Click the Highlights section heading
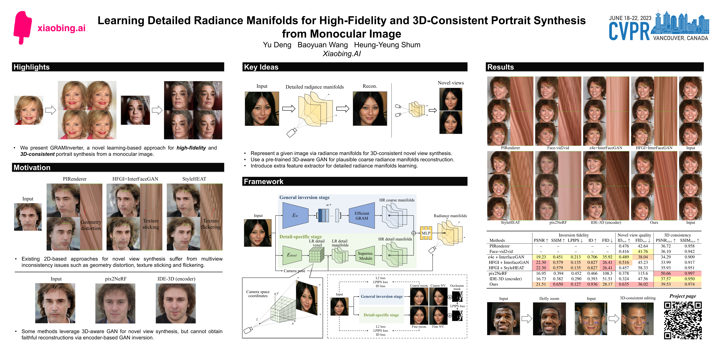pyautogui.click(x=32, y=67)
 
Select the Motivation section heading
pyautogui.click(x=32, y=167)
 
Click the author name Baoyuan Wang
pyautogui.click(x=322, y=45)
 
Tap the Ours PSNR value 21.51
pyautogui.click(x=541, y=284)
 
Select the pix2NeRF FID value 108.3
pyautogui.click(x=607, y=273)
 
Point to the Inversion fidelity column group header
pyautogui.click(x=574, y=235)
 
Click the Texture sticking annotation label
pyautogui.click(x=151, y=224)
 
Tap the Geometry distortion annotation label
pyautogui.click(x=91, y=225)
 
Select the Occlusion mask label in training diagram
pyautogui.click(x=457, y=287)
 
